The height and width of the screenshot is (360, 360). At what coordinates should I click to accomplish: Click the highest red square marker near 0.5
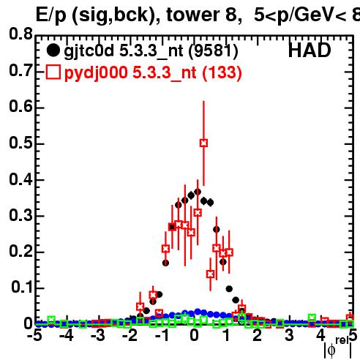(x=203, y=143)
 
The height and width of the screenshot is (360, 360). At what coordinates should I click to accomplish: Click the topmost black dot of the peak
(x=198, y=192)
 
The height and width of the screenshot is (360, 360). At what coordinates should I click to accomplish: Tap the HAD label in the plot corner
(x=310, y=50)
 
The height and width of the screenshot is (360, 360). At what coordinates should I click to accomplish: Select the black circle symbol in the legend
(x=53, y=50)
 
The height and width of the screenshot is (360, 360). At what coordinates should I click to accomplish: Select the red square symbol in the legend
(x=53, y=72)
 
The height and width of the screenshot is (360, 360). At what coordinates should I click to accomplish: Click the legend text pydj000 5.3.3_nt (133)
(x=153, y=73)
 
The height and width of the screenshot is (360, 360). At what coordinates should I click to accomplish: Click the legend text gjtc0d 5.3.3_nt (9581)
(x=151, y=51)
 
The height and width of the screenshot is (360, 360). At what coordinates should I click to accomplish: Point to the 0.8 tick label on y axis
(x=20, y=34)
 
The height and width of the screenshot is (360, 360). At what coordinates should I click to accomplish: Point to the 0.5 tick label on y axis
(x=20, y=143)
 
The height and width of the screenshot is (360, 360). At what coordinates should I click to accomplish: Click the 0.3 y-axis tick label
(x=20, y=216)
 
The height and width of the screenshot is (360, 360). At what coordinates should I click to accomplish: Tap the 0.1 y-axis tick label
(x=22, y=288)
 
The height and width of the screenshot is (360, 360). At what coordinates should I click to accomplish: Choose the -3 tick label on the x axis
(x=98, y=335)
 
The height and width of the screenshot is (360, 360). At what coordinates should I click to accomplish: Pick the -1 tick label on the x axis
(x=162, y=335)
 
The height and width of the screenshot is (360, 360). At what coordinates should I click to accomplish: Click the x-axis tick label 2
(x=258, y=335)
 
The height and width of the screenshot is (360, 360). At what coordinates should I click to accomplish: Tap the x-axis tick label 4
(x=320, y=335)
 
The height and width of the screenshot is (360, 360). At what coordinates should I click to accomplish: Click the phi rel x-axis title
(x=338, y=348)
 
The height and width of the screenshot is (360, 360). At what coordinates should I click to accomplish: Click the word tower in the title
(x=194, y=15)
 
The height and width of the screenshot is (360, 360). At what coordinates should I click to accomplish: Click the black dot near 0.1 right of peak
(x=229, y=289)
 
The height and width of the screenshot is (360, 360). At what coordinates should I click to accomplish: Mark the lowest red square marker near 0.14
(x=210, y=274)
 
